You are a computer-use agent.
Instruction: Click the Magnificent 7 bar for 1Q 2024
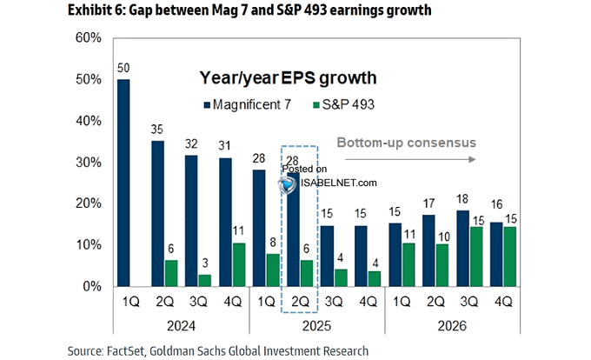tap(124, 183)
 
